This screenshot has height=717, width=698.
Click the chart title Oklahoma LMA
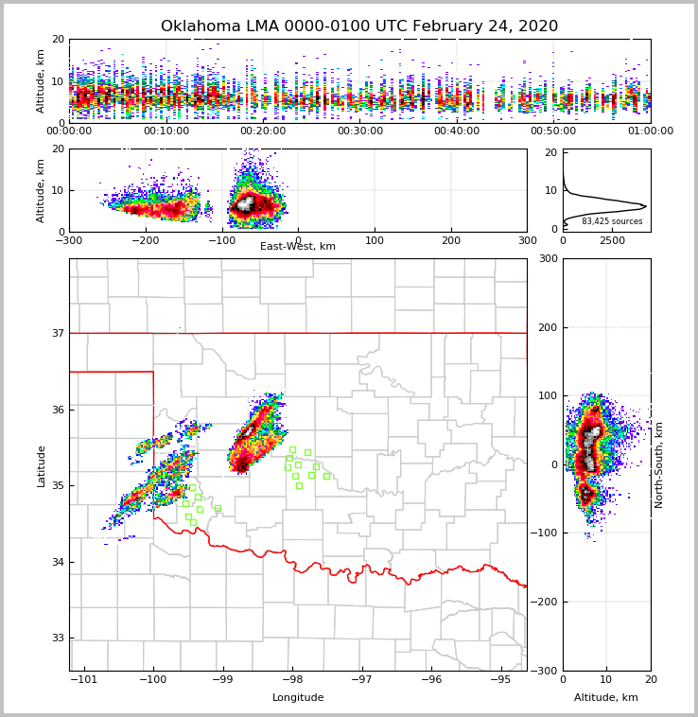click(x=359, y=26)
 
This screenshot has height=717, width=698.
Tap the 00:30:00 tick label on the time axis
click(x=359, y=131)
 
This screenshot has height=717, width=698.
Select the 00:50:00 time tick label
click(x=553, y=131)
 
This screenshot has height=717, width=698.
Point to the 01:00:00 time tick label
click(x=650, y=131)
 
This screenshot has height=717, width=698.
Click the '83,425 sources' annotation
click(x=612, y=221)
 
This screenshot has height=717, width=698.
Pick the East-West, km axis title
click(x=298, y=247)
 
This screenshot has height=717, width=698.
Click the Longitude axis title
click(x=298, y=698)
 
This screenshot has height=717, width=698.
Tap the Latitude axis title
click(x=41, y=465)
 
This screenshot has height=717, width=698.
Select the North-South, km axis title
click(x=659, y=464)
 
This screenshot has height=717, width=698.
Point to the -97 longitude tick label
click(x=361, y=679)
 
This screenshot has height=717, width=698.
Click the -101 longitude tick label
click(x=83, y=679)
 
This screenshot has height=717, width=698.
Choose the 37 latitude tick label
click(x=57, y=333)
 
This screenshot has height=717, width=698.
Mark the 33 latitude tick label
click(x=57, y=638)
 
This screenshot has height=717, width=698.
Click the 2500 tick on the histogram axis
click(x=613, y=240)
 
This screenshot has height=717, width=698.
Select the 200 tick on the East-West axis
click(x=451, y=240)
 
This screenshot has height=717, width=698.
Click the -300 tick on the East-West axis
click(x=69, y=240)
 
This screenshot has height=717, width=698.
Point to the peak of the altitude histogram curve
click(x=645, y=205)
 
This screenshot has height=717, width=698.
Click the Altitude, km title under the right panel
click(x=606, y=698)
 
